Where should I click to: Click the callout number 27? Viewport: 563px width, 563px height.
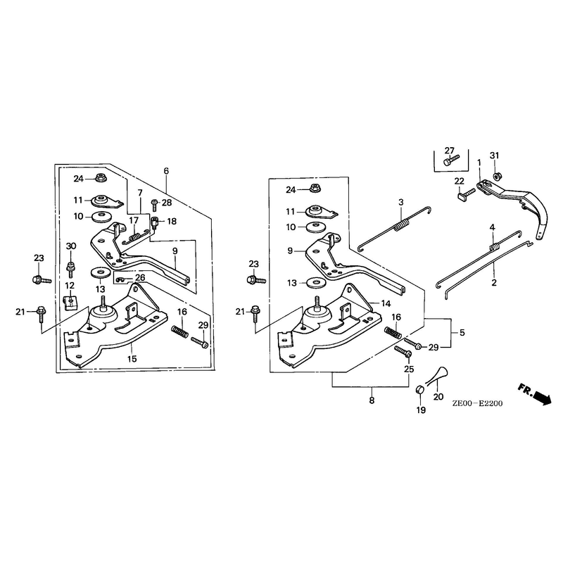(449, 151)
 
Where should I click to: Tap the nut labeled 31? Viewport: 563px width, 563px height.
(497, 177)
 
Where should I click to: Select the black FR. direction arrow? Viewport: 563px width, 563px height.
(542, 398)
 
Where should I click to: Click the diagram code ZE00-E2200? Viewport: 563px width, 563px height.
(477, 403)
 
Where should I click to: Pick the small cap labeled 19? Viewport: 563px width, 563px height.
(419, 390)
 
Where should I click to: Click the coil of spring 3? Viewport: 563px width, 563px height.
(402, 226)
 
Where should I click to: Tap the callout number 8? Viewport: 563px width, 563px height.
(372, 400)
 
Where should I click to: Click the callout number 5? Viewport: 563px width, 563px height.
(462, 332)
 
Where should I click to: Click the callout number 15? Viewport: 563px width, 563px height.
(132, 358)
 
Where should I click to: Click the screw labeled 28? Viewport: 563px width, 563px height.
(154, 205)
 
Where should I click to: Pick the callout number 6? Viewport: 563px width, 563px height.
(166, 171)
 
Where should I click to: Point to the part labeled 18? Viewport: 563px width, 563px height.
(155, 222)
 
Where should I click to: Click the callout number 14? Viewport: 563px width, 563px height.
(386, 304)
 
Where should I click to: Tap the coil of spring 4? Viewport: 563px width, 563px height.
(495, 247)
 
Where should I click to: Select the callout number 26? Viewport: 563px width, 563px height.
(140, 277)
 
